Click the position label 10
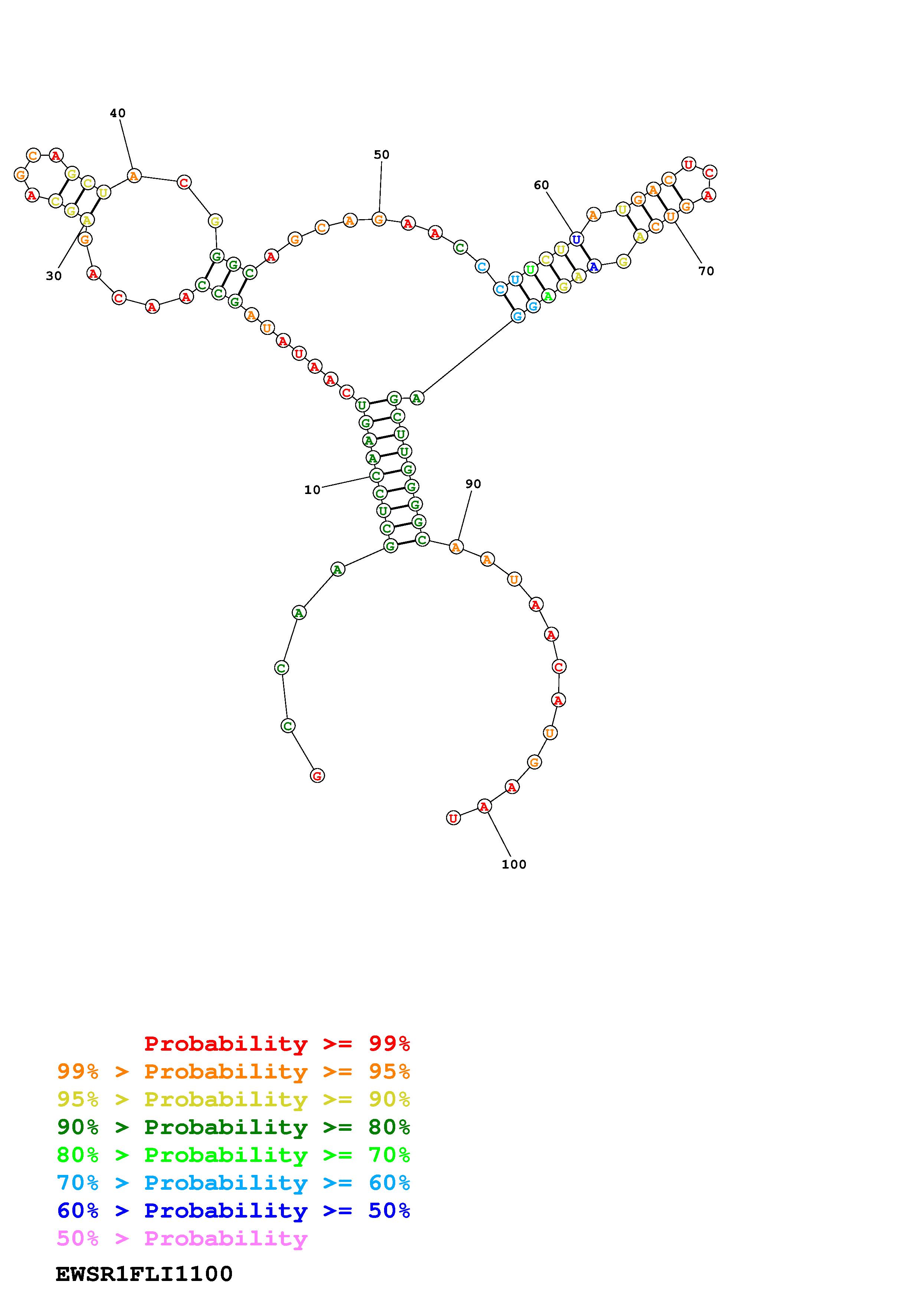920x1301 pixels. (312, 490)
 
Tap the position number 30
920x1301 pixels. (54, 276)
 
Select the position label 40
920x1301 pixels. (118, 113)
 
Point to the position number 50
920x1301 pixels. (382, 155)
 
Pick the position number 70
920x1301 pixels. (706, 271)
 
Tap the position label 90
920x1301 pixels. (473, 484)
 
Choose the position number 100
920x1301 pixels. (514, 864)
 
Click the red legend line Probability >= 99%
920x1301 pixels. (277, 1043)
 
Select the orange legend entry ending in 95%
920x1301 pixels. (233, 1071)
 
